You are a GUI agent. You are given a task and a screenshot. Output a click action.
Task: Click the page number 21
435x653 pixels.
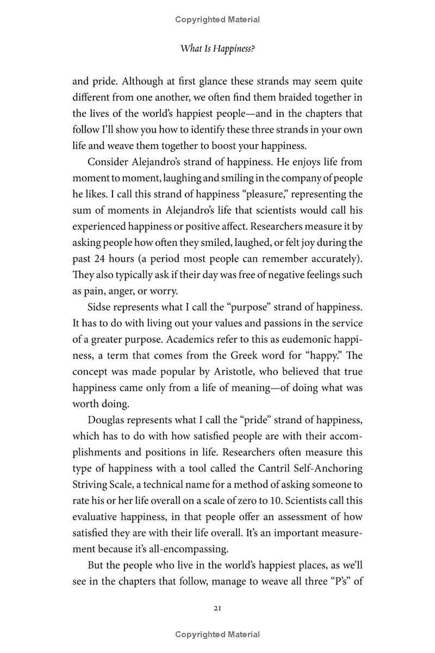tap(217, 608)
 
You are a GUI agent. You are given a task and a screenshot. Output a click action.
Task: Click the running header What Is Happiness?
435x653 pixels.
tap(217, 49)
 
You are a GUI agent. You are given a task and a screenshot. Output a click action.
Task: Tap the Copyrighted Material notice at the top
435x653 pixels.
tap(217, 20)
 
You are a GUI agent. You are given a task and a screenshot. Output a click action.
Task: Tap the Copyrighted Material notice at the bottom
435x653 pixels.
tap(217, 634)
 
